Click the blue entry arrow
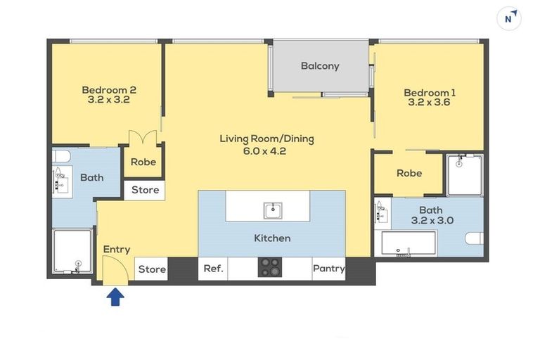coord(115,297)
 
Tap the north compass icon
coord(508,18)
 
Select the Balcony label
coord(320,66)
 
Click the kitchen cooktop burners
coord(270,267)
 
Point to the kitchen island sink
coord(273,210)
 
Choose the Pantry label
coord(329,269)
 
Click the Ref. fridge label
coord(213,269)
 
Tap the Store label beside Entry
coord(152,269)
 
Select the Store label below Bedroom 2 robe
coord(146,190)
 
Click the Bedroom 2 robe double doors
coord(143,137)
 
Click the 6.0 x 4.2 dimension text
coord(264,151)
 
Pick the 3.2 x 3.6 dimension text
coord(429,102)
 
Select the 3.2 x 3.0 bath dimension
coord(432,220)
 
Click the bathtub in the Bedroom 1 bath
coord(409,243)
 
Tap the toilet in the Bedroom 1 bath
coord(475,238)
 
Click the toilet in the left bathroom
coord(61,156)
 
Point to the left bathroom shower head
coord(79,264)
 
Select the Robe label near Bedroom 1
coord(409,173)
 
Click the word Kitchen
coord(272,238)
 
